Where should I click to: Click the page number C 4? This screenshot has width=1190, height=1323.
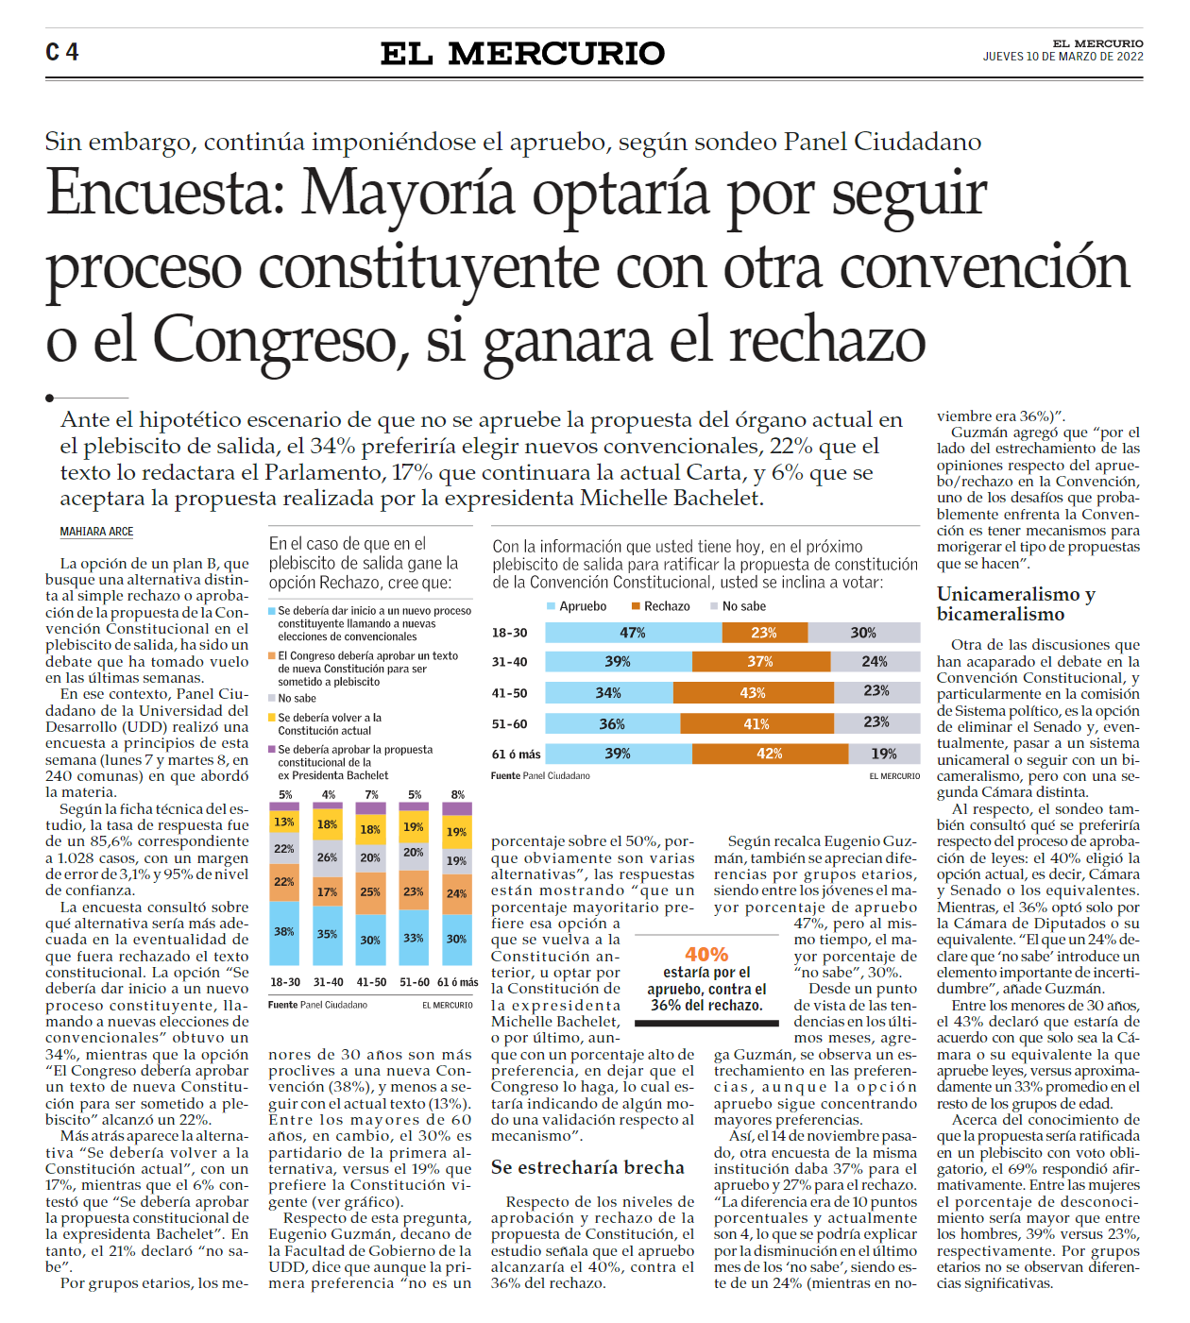(x=62, y=52)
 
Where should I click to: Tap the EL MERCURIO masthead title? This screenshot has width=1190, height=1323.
(x=522, y=54)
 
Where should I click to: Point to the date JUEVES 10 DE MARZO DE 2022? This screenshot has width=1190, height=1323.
(x=1062, y=57)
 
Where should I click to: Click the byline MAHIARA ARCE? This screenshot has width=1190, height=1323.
(x=96, y=532)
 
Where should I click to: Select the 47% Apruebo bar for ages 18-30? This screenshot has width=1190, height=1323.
(x=632, y=633)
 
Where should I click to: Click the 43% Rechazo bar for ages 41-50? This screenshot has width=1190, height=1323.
(x=752, y=692)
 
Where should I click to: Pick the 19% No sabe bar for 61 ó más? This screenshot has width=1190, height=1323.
(x=883, y=754)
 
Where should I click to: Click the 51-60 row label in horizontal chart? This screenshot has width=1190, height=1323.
(x=509, y=724)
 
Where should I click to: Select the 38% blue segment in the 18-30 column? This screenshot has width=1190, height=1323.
(x=284, y=932)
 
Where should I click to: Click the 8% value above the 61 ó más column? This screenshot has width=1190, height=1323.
(x=458, y=795)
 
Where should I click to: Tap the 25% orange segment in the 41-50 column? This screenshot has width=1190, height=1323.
(x=370, y=891)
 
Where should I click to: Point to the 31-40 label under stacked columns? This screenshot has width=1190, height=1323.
(x=328, y=982)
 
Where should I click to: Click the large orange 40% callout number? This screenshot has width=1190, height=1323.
(x=706, y=955)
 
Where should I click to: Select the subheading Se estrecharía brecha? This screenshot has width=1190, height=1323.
(x=586, y=1168)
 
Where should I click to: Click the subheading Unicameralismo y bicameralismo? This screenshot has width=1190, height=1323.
(x=1016, y=604)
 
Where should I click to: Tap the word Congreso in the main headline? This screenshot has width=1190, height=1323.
(x=280, y=340)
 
